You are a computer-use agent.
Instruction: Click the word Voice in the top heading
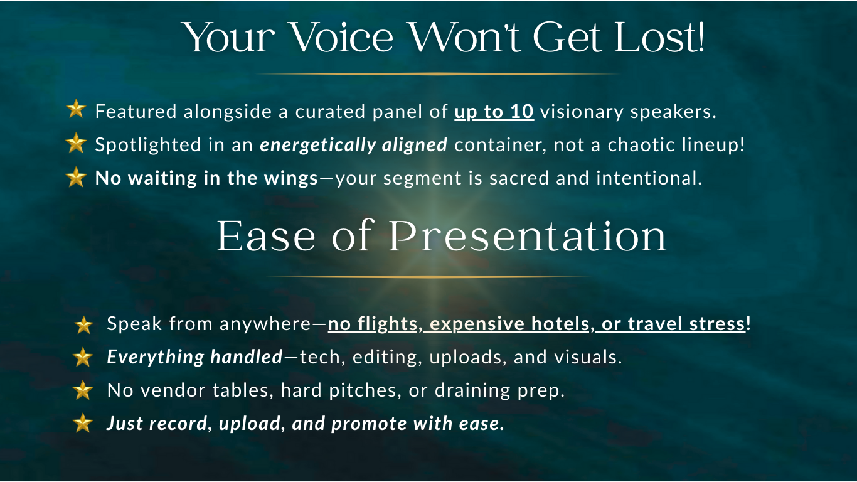pyautogui.click(x=342, y=37)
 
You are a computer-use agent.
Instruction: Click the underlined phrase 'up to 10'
pyautogui.click(x=494, y=112)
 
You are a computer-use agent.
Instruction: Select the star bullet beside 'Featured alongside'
pyautogui.click(x=76, y=109)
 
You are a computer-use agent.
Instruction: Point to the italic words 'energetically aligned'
pyautogui.click(x=353, y=145)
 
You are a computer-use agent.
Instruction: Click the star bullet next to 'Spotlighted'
pyautogui.click(x=76, y=143)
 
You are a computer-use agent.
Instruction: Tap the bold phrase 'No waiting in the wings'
pyautogui.click(x=206, y=178)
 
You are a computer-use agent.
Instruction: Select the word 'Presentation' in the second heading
pyautogui.click(x=528, y=236)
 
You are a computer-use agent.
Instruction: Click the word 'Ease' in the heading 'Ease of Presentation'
pyautogui.click(x=266, y=236)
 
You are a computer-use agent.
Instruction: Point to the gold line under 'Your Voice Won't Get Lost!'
pyautogui.click(x=437, y=74)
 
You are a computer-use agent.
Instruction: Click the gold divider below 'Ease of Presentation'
pyautogui.click(x=428, y=276)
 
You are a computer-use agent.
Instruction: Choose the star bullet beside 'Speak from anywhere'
pyautogui.click(x=84, y=326)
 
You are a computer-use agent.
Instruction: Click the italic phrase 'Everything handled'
pyautogui.click(x=194, y=357)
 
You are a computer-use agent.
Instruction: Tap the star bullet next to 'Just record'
pyautogui.click(x=83, y=423)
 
